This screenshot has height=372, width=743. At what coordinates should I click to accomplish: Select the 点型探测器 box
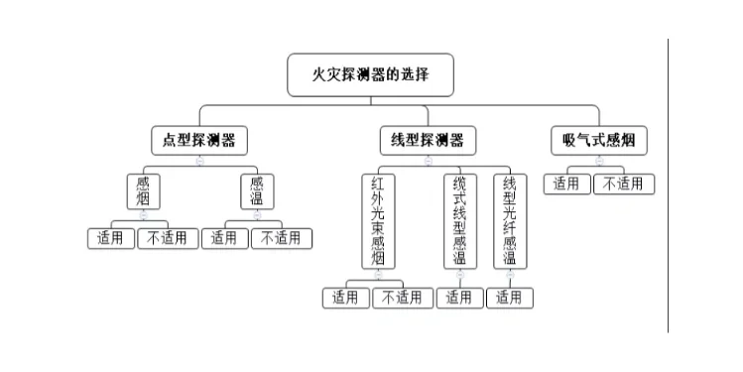[199, 139]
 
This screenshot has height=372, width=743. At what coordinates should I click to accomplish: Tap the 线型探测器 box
[428, 139]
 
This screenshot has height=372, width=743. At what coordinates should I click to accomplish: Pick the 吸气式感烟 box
[598, 139]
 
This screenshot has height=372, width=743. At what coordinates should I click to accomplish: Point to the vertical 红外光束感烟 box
[378, 221]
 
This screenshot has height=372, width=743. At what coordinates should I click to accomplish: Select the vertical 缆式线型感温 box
[459, 221]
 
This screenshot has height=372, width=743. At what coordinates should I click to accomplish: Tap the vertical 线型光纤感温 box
[510, 221]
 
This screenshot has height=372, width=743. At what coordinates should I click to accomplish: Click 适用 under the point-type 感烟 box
[110, 238]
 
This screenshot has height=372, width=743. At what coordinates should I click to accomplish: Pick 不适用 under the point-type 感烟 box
[168, 238]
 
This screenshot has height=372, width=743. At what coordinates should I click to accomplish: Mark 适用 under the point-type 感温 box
[225, 238]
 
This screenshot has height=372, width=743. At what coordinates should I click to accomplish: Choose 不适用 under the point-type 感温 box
[282, 238]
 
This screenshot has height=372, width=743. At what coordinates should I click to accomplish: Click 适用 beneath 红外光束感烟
[345, 297]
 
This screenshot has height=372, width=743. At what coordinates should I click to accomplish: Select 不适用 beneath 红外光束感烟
[403, 297]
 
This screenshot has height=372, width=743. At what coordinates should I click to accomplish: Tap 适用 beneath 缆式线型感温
[458, 297]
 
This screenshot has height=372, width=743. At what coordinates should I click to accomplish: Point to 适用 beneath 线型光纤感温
[510, 297]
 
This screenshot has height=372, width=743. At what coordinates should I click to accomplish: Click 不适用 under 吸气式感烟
[624, 184]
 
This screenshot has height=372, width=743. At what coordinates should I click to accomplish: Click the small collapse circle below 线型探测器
[428, 161]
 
